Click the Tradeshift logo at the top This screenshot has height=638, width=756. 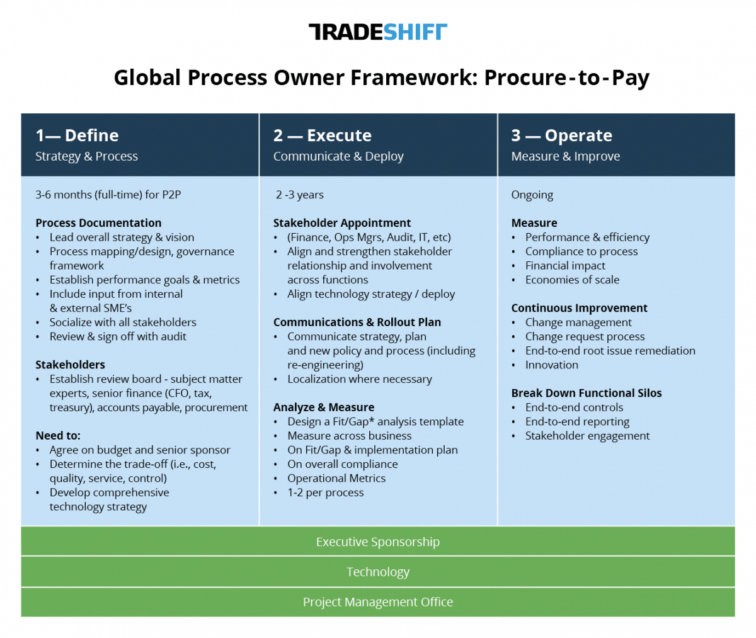377,32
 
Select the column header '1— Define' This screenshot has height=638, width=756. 77,135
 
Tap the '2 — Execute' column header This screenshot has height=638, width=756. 322,135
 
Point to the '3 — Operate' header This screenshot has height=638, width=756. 561,135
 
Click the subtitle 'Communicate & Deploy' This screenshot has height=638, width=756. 338,156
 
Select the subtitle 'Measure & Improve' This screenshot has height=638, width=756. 566,156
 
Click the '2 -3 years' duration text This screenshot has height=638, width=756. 299,195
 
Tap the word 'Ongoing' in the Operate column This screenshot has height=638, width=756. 532,195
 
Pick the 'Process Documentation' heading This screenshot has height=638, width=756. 98,223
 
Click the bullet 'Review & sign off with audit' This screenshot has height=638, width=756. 118,337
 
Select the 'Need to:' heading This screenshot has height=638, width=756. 58,436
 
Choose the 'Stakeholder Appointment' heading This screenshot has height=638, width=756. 342,223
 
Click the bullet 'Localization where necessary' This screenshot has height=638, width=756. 360,379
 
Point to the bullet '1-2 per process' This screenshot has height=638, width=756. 326,493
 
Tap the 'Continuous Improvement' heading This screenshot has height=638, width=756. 580,308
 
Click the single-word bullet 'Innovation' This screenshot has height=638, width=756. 552,365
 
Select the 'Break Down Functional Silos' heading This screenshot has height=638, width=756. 587,393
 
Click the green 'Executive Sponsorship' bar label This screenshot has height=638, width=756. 377,542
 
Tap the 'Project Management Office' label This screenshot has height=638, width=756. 377,602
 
